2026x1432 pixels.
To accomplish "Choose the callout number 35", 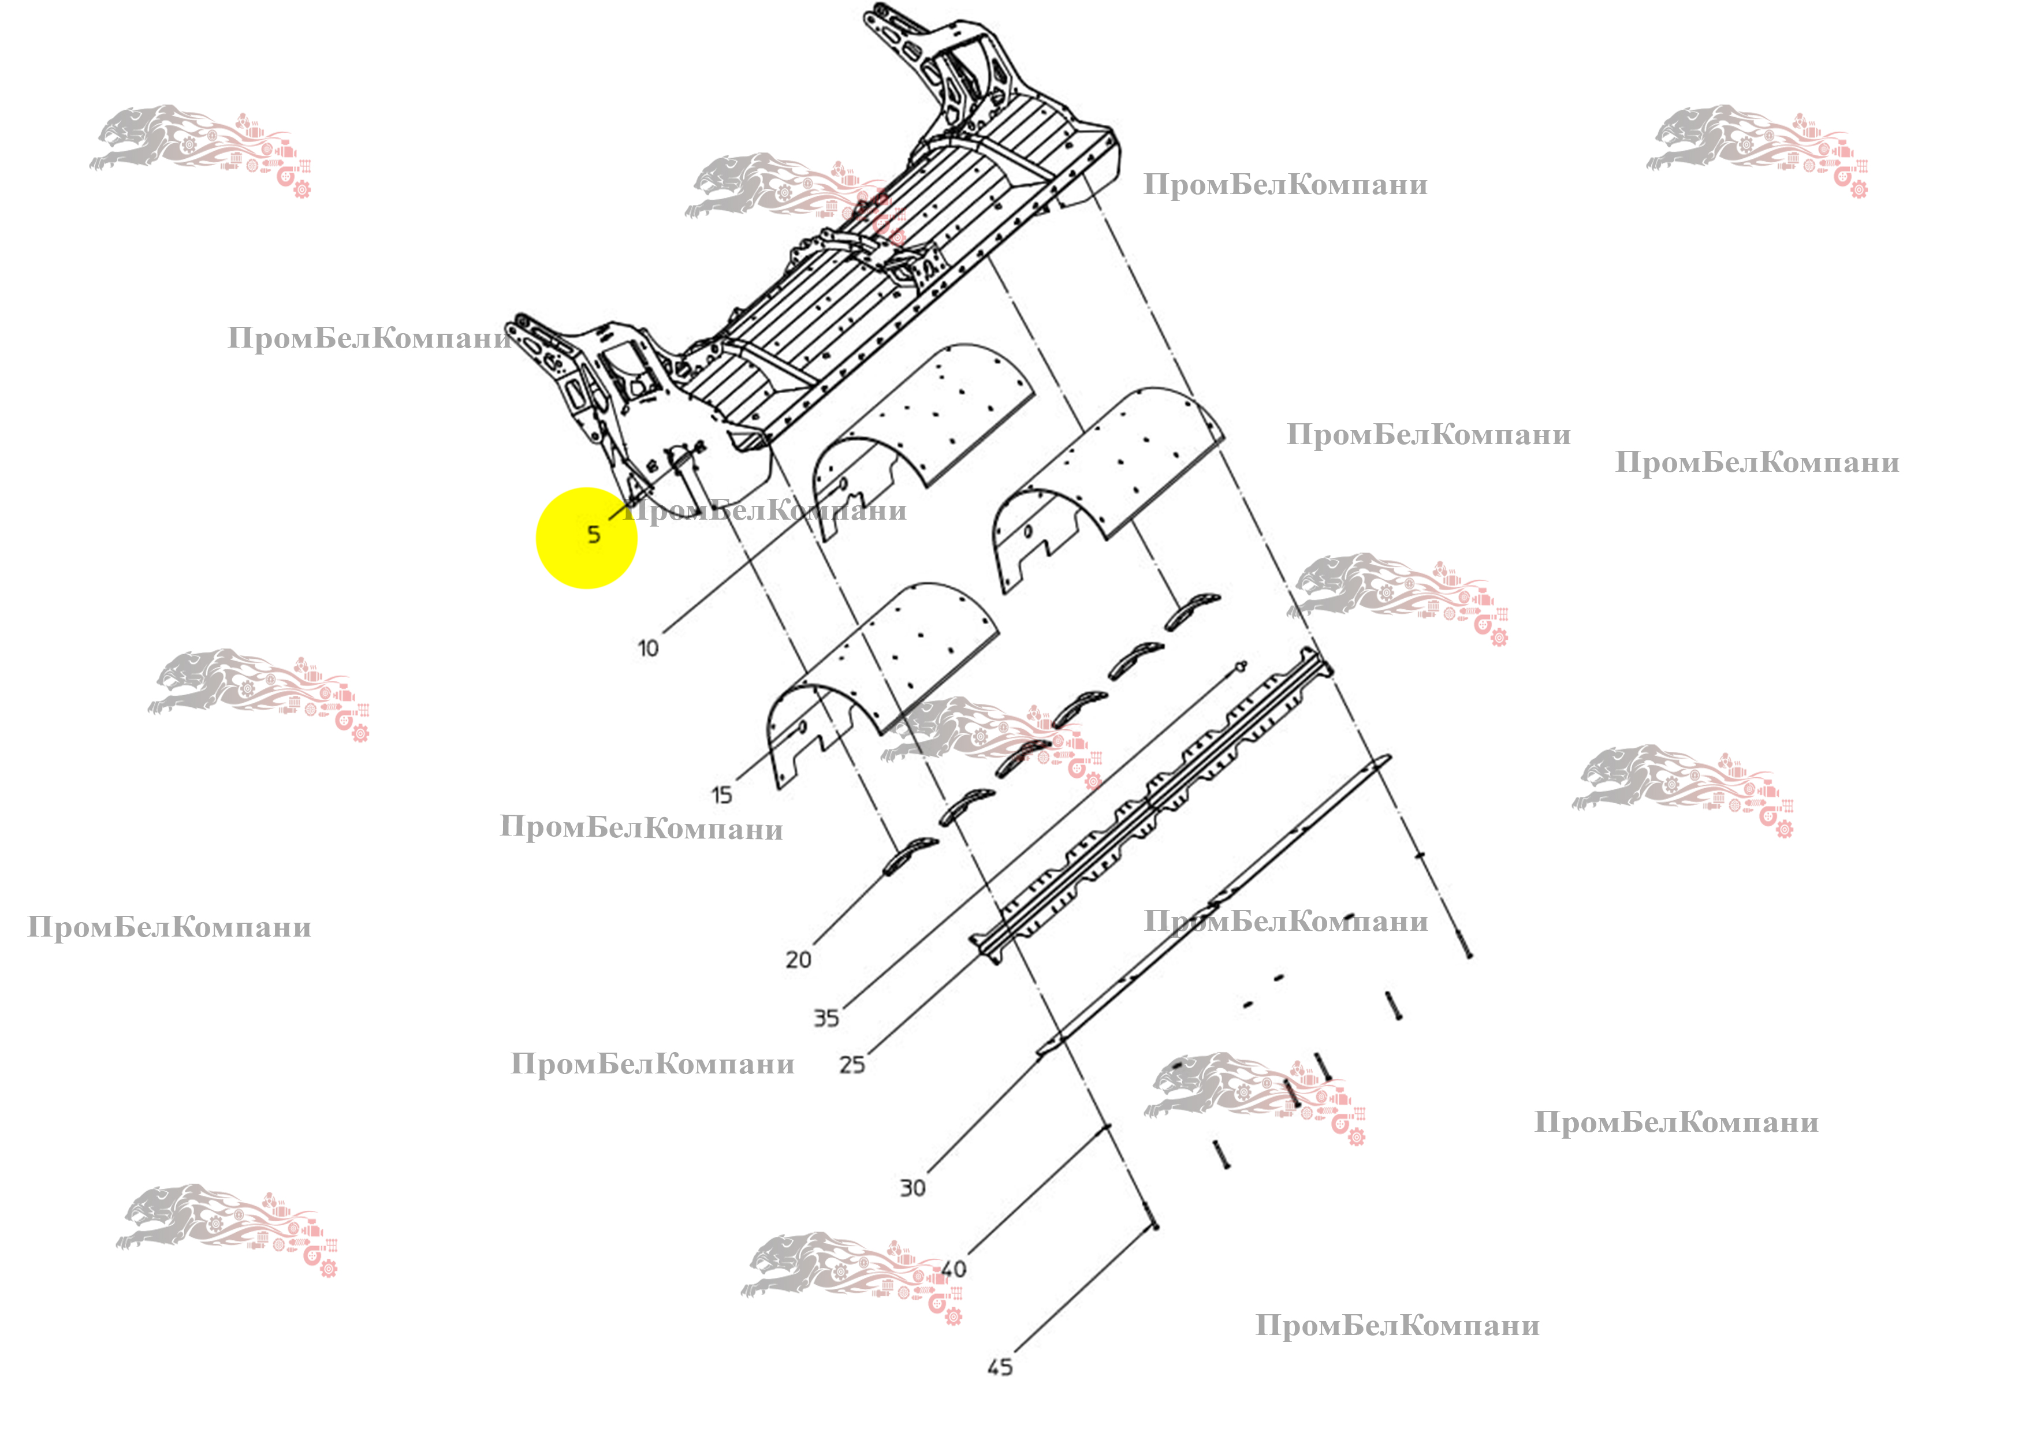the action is coord(826,1018).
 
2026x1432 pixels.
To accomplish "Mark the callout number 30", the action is coord(913,1188).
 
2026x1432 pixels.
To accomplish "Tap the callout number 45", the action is coord(1000,1367).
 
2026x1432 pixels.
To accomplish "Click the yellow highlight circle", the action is coord(587,538).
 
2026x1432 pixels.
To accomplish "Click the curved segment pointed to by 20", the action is coord(910,855).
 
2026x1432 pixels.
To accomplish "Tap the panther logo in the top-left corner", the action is coord(200,151).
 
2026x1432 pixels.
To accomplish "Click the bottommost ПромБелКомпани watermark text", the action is coord(1398,1325).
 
